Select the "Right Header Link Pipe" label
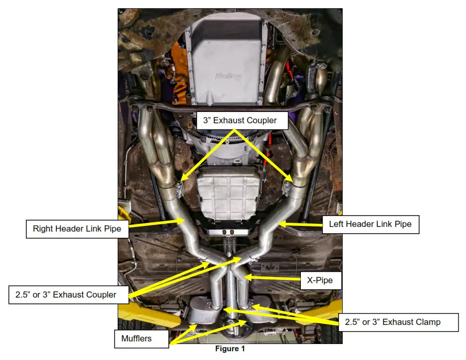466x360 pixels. [77, 228]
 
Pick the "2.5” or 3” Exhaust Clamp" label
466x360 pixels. [392, 322]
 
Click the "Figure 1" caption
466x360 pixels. [230, 349]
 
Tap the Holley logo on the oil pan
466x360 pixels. [229, 76]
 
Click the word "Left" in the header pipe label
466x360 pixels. [337, 224]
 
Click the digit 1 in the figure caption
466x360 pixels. [243, 349]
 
